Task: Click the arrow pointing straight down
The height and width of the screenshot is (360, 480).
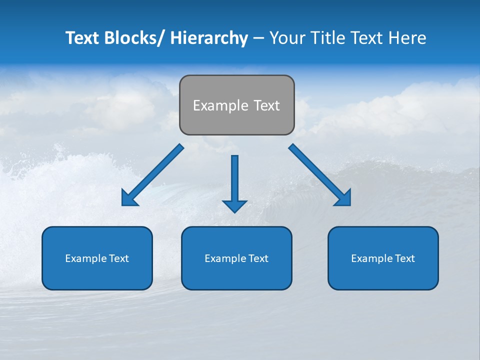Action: click(x=234, y=180)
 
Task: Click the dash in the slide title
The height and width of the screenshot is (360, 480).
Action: click(x=258, y=38)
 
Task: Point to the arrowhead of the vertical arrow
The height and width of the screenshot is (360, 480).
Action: click(x=234, y=205)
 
